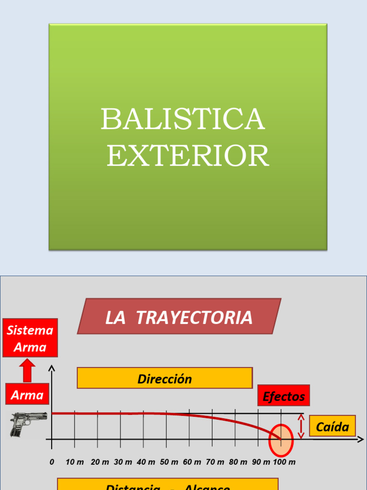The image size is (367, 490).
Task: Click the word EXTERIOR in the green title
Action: coord(188,156)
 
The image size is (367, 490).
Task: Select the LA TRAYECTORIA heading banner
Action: coord(179,317)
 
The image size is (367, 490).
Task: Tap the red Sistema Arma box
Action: coord(30,338)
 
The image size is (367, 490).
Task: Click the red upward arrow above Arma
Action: coord(28,370)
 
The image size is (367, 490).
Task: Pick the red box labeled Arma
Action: coord(27,395)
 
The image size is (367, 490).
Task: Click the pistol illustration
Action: coord(28,424)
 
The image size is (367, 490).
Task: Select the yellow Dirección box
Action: coord(164,379)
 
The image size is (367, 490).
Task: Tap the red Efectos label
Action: coord(284,396)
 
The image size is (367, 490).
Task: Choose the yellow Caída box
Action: coord(333,426)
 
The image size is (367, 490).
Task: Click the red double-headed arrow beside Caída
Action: coord(301,426)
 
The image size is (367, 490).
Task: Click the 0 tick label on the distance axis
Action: coord(52,462)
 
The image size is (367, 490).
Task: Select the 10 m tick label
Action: coord(75,462)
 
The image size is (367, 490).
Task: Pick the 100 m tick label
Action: coord(285,462)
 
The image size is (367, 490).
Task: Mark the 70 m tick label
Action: coord(215,462)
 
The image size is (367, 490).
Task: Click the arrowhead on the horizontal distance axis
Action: coord(361,439)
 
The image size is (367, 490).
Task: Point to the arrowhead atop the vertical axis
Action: coord(52,368)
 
